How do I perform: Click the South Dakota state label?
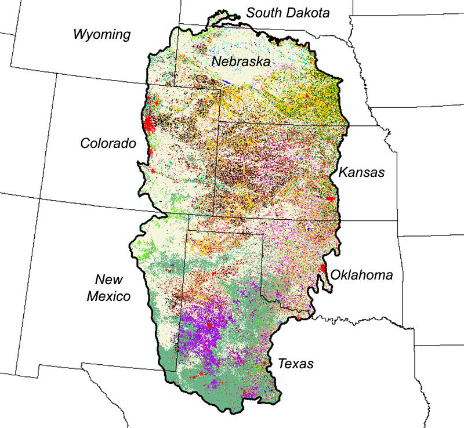(x=288, y=12)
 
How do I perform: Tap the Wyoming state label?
(x=102, y=34)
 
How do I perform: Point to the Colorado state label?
(x=108, y=143)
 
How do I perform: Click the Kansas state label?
(x=361, y=172)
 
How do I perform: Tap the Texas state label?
(x=295, y=364)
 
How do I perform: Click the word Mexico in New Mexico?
(x=108, y=297)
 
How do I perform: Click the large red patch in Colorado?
(x=148, y=123)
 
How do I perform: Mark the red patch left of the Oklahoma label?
(x=322, y=270)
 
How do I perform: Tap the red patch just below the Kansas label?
(x=331, y=198)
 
